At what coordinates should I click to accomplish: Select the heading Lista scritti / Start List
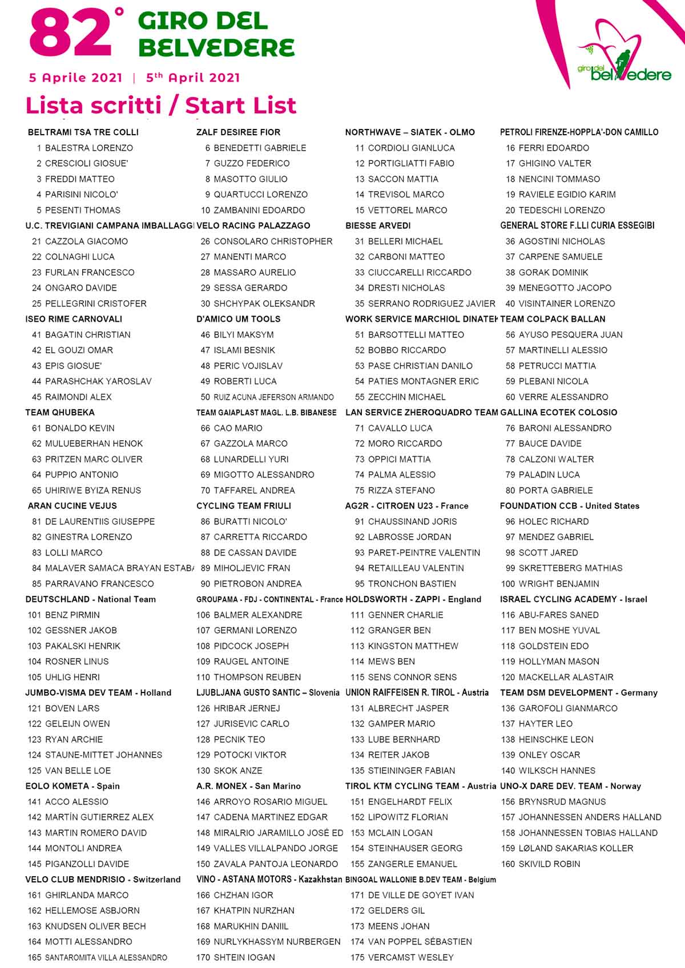161,106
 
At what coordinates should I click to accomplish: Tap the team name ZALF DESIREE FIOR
238,132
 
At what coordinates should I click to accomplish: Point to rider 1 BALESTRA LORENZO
84,148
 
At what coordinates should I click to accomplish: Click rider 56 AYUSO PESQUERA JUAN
564,335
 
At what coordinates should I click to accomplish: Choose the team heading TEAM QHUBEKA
60,412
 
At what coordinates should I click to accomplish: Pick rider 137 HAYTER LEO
537,724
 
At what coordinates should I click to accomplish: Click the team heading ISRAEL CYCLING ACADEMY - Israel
573,600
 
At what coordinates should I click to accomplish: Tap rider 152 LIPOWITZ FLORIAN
399,817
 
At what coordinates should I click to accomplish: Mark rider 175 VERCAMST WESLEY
402,958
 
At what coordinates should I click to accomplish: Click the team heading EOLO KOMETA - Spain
72,786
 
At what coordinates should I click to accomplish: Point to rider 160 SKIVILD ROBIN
541,864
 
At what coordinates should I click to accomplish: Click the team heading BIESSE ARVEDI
378,226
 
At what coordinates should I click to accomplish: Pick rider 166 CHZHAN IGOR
235,896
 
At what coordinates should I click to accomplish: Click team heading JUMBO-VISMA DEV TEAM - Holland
98,693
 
